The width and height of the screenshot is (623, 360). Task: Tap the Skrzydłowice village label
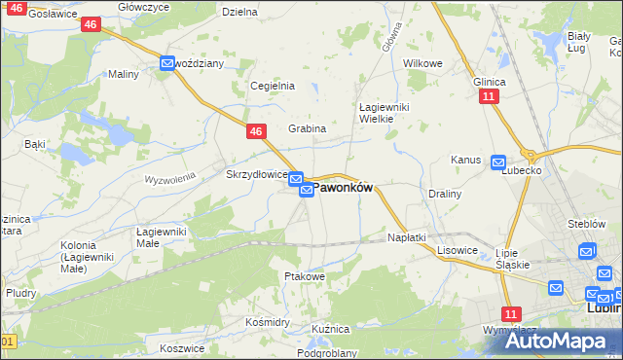(x=255, y=175)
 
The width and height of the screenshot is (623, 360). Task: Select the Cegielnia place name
(x=273, y=86)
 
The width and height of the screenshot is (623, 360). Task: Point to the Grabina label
(x=307, y=128)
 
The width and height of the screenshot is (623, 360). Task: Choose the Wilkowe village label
(x=422, y=63)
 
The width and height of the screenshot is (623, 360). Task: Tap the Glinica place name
(x=489, y=82)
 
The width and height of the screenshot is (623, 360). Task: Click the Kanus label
(x=466, y=160)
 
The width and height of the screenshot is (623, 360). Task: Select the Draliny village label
(x=444, y=194)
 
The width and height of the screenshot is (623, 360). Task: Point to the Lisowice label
(x=458, y=250)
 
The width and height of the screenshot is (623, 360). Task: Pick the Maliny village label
(x=124, y=74)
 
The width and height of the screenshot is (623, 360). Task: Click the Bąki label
(x=35, y=144)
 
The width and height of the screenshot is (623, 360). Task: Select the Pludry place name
(x=20, y=292)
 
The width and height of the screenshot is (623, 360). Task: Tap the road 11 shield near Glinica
(x=489, y=97)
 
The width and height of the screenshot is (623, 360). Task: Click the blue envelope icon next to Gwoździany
(x=167, y=64)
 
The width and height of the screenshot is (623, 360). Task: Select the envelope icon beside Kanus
(x=498, y=162)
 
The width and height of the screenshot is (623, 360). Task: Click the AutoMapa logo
(x=560, y=340)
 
